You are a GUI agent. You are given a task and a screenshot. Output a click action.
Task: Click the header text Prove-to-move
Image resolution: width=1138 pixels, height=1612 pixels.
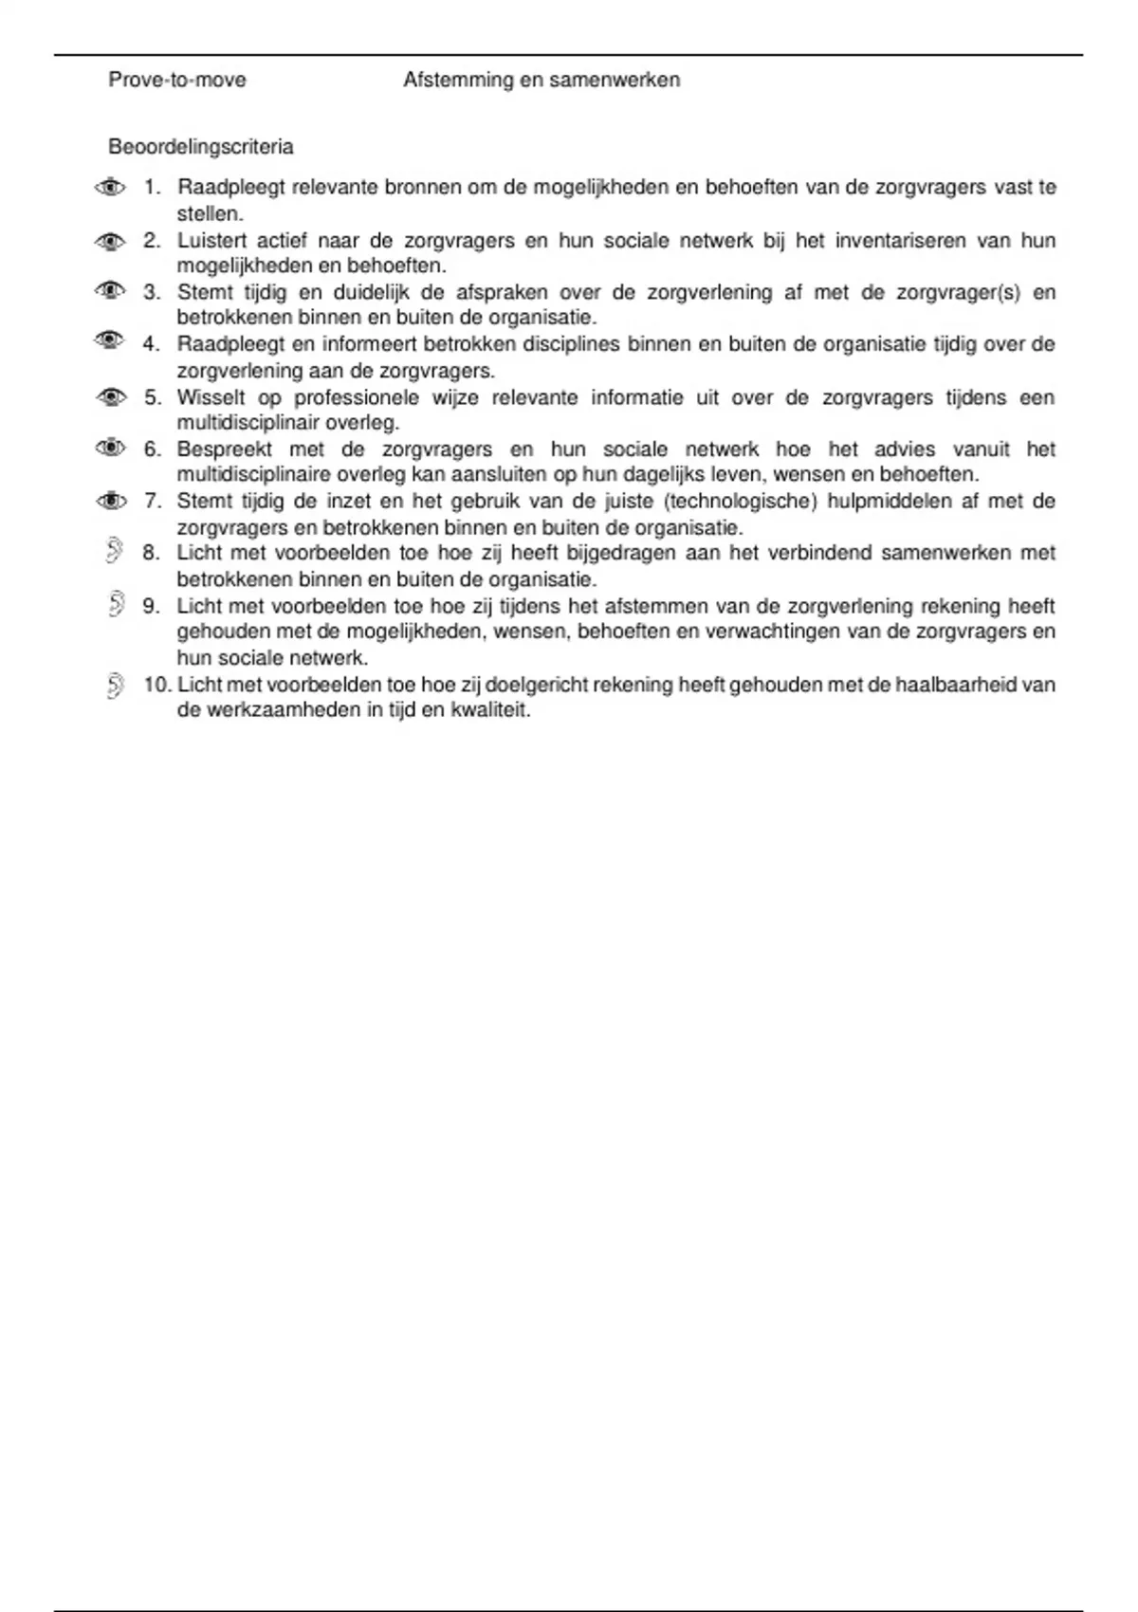[x=177, y=80]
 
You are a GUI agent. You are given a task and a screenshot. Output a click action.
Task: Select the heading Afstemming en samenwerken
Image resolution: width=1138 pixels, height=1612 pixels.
[x=541, y=80]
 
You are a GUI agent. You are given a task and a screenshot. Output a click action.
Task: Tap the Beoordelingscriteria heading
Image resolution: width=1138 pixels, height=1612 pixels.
[x=201, y=147]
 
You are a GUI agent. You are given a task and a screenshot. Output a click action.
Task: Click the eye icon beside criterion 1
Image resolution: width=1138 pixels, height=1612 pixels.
[x=111, y=187]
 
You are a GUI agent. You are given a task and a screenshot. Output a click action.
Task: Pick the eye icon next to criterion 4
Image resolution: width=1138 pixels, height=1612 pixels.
[x=110, y=339]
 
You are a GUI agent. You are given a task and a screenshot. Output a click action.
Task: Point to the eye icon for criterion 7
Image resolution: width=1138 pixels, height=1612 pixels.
[x=111, y=500]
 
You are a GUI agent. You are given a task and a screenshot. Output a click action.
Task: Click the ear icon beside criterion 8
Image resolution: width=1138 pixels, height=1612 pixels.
[x=115, y=550]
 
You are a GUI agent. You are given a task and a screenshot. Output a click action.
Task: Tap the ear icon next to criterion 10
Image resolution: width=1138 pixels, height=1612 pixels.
[x=116, y=685]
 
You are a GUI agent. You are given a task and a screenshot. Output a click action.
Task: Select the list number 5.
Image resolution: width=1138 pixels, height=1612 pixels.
[x=153, y=397]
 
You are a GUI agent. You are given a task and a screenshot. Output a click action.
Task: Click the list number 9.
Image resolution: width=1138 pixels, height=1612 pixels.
[x=153, y=606]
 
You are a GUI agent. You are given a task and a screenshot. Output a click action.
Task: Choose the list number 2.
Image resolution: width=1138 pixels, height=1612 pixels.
[x=153, y=241]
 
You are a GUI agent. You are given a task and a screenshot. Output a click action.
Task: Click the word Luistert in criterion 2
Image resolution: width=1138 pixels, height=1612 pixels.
[x=211, y=241]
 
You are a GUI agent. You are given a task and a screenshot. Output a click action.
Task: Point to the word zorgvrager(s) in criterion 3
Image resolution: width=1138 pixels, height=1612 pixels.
[x=958, y=293]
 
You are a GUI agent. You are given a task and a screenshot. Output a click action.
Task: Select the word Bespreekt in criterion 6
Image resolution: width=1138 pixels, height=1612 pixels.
[x=225, y=449]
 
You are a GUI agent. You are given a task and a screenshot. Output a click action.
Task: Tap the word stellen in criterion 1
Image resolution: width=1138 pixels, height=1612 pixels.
[x=210, y=214]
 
